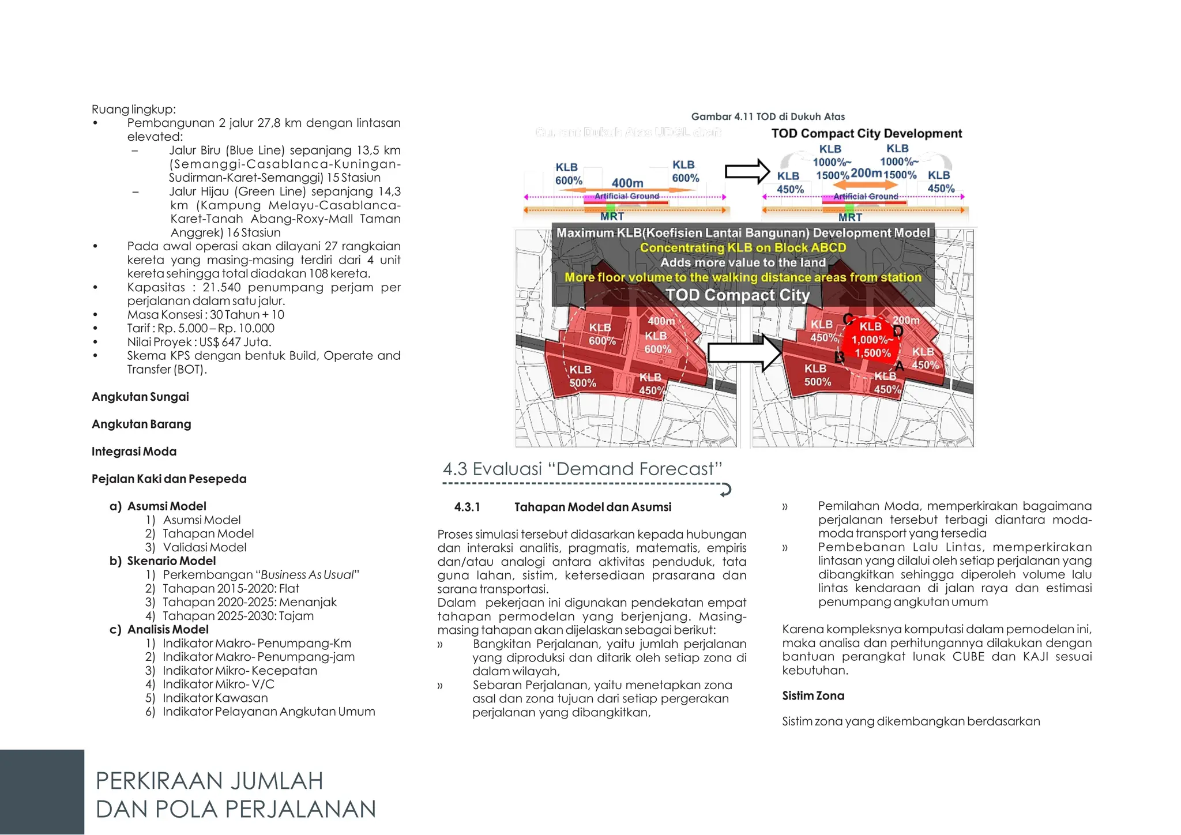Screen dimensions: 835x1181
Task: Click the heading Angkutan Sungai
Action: point(140,397)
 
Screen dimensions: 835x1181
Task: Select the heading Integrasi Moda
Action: point(134,452)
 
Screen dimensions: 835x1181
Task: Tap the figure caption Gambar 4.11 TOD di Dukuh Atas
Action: point(768,116)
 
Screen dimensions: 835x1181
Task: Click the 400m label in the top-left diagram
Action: point(627,183)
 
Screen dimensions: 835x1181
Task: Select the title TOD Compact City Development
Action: point(866,134)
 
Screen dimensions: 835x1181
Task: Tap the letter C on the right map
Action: point(848,319)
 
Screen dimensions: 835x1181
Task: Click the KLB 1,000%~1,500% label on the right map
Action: point(871,340)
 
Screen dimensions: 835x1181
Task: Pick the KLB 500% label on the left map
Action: point(582,376)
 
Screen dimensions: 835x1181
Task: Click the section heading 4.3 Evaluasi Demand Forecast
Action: point(582,469)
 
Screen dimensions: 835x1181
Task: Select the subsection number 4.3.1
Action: point(467,507)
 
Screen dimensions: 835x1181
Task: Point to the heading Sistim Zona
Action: point(813,696)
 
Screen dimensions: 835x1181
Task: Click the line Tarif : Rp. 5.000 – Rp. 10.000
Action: point(201,328)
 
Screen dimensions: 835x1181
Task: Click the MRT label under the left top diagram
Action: point(611,216)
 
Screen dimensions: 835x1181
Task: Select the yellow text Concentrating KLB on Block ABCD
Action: point(743,248)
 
